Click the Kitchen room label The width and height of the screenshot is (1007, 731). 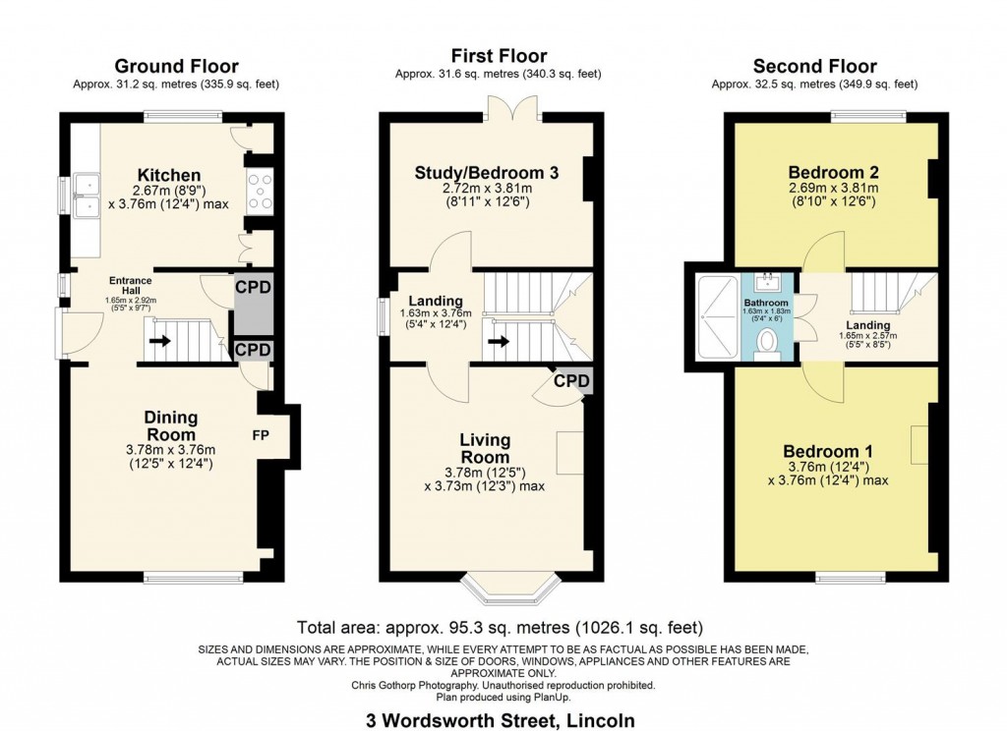(x=169, y=175)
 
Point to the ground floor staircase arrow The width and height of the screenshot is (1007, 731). (x=158, y=343)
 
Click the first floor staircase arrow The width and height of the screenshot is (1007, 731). (x=501, y=343)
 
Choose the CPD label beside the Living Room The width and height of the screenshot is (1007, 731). (x=571, y=380)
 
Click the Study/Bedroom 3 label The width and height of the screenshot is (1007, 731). (x=487, y=173)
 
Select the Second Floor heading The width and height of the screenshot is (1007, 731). (x=814, y=67)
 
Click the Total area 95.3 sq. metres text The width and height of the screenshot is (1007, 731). (x=500, y=627)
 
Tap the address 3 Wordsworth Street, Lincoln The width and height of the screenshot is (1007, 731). (x=499, y=719)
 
